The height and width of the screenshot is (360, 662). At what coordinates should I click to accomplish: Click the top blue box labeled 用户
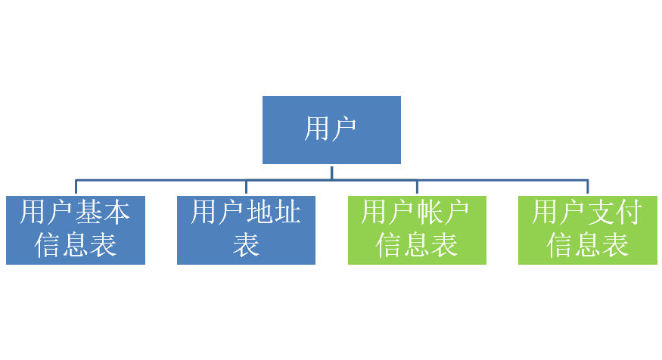click(331, 129)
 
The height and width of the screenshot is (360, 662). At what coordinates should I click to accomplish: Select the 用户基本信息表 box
click(76, 230)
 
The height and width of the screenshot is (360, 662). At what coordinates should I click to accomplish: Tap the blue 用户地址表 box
click(246, 230)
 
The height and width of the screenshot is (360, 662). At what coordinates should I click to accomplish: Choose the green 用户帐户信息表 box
click(417, 230)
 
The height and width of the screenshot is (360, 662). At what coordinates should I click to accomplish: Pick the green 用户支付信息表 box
click(587, 230)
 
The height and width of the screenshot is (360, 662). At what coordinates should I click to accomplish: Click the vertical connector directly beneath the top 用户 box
click(331, 172)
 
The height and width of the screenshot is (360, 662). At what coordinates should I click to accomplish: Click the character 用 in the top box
click(317, 129)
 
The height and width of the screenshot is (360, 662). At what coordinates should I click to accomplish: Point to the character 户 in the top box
click(344, 129)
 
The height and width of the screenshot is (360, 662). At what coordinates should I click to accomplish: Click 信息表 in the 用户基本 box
click(76, 245)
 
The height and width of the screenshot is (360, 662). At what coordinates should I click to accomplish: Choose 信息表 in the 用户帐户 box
click(417, 245)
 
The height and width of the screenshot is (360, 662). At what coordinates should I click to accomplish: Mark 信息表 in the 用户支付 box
click(587, 245)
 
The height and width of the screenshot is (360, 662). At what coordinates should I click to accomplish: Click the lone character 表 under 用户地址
click(246, 245)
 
